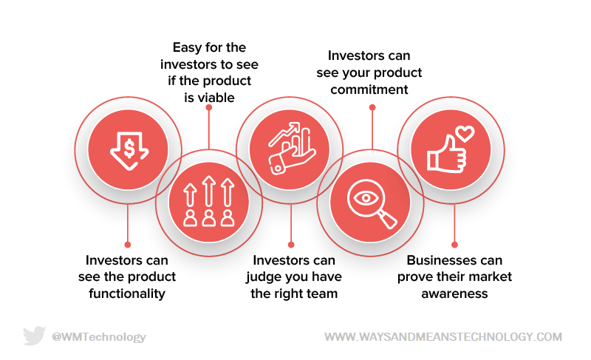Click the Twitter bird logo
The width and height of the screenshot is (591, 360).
click(34, 336)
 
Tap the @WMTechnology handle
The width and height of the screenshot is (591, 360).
click(99, 336)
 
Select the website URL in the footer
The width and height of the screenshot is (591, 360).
click(443, 336)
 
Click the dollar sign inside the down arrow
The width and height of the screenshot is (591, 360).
click(129, 148)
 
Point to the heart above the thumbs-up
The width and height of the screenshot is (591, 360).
click(465, 134)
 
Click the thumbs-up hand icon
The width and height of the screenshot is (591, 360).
click(446, 155)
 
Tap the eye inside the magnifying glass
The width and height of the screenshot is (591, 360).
click(366, 197)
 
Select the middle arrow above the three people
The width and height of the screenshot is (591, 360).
click(208, 191)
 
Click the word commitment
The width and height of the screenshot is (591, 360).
click(369, 89)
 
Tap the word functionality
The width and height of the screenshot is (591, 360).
click(127, 293)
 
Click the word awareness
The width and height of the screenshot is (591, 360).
click(454, 293)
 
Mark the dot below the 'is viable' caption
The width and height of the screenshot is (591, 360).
click(209, 107)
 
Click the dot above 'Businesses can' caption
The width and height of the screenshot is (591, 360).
click(454, 245)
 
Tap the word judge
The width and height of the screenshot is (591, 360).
click(263, 277)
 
